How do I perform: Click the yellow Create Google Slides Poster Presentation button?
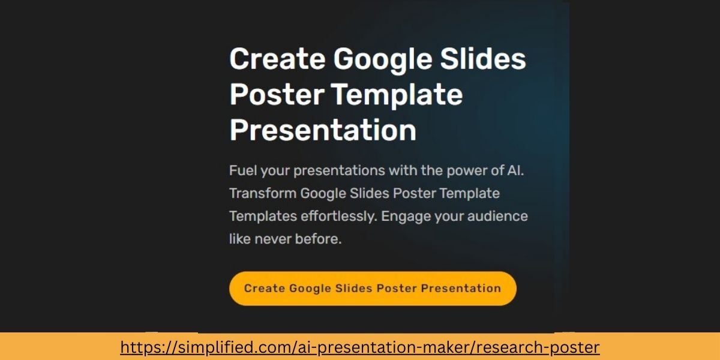373,289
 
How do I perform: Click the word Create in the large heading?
277,59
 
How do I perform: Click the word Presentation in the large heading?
323,131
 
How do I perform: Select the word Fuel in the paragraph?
241,171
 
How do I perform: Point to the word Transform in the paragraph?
262,194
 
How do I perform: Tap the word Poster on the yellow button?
395,289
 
